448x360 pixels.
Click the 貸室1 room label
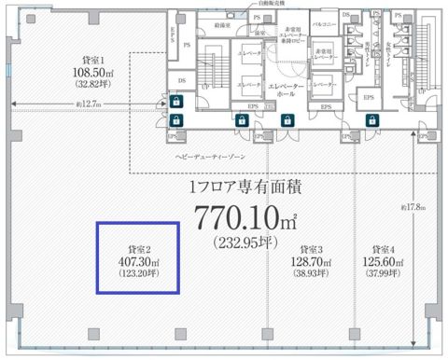96,58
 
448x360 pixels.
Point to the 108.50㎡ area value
96,70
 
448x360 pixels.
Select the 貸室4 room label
381,249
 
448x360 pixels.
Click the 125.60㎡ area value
381,263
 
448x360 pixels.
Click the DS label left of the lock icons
179,80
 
